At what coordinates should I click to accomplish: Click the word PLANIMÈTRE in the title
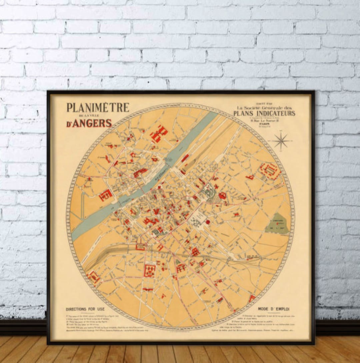coord(98,107)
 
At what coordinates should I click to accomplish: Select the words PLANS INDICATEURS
coord(264,113)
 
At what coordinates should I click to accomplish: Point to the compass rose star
coord(282,141)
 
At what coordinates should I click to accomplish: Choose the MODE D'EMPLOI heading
coord(273,309)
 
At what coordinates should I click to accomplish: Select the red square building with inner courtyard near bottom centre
coord(150,270)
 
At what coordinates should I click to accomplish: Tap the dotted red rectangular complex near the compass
coord(269,171)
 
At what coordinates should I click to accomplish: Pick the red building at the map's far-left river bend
coord(106,195)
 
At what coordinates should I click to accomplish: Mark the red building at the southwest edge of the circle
coord(93,277)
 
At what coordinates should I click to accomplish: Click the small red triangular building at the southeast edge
coord(252,298)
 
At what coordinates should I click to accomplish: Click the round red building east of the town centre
coord(222,196)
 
